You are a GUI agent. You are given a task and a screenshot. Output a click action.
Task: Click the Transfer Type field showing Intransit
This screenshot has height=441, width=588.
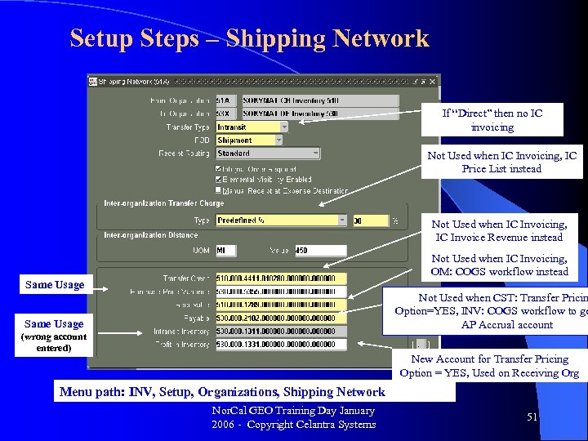[252, 127]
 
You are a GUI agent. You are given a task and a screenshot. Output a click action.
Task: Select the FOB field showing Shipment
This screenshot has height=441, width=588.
[248, 140]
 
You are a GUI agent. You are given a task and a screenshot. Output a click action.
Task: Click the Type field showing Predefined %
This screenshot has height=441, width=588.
[281, 220]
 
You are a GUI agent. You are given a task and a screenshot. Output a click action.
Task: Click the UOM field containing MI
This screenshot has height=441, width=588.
[225, 251]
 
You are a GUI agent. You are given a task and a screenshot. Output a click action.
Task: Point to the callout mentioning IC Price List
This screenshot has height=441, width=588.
[502, 162]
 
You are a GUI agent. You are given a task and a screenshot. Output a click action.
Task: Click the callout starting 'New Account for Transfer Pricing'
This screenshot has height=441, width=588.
[490, 366]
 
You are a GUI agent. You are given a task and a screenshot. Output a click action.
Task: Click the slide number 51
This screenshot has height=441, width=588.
[532, 417]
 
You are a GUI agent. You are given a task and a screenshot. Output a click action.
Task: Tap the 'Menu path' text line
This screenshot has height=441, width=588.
[222, 392]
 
